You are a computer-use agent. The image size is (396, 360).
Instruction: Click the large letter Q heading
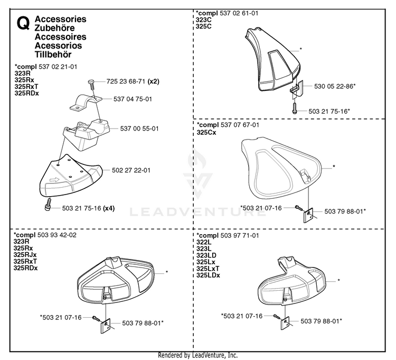point(23,23)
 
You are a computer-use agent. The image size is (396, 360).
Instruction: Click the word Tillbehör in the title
point(53,54)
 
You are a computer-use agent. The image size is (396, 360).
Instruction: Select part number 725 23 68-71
point(126,81)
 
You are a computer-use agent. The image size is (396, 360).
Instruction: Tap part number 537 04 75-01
point(133,99)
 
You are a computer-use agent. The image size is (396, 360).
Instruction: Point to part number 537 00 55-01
point(139,128)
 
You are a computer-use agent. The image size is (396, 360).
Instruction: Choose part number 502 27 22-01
point(131,170)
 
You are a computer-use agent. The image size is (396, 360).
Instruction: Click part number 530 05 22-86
point(333,86)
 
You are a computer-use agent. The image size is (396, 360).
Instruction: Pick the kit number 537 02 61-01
point(239,13)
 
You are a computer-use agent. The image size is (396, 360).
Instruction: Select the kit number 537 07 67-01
point(240,125)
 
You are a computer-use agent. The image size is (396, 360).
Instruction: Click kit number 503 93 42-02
point(57,235)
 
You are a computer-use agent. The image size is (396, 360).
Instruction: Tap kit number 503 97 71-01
point(240,235)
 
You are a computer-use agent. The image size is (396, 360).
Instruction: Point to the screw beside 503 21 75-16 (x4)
point(48,204)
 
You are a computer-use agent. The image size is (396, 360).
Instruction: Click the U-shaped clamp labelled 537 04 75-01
point(86,102)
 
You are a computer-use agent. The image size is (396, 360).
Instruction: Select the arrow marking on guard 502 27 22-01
point(54,180)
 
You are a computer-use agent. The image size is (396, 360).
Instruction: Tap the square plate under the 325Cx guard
point(308,215)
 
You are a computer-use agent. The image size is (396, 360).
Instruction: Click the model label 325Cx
point(206,132)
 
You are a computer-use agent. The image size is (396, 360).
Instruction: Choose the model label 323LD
point(206,255)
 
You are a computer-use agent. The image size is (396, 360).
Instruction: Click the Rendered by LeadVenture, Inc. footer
point(198,355)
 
